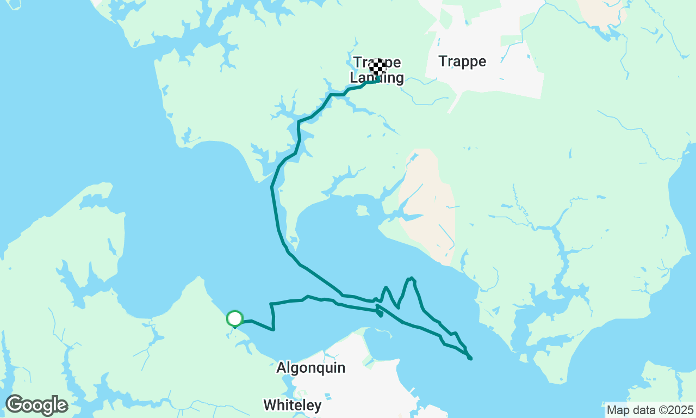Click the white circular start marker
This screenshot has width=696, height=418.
coord(234,318)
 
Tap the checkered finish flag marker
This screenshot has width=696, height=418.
coord(378,67)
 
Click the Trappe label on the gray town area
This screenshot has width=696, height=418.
coord(462,62)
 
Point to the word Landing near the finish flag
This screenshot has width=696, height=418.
coord(377,78)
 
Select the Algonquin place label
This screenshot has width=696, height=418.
coord(310,368)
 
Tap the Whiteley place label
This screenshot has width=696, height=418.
coord(292,405)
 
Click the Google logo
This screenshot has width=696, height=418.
coord(36,405)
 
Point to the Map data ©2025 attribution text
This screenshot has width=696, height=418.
coord(650,410)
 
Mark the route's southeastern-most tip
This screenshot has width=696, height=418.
coord(470,358)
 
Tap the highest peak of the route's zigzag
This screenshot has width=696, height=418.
coord(412,279)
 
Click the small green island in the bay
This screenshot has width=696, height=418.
coord(362,210)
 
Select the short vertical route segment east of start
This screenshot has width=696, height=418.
coord(272,316)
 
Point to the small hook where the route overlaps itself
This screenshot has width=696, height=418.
coord(380,313)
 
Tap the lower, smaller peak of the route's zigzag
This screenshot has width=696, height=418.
coord(386,288)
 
